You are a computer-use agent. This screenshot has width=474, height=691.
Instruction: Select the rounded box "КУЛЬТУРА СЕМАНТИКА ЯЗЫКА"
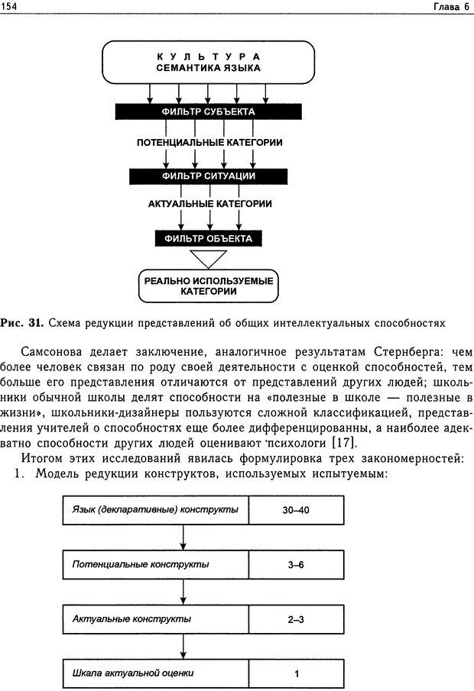(208, 62)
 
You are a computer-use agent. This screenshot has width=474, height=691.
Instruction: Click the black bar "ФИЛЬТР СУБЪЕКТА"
(208, 112)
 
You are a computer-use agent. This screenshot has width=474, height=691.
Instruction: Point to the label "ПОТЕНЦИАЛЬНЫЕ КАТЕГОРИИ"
(209, 143)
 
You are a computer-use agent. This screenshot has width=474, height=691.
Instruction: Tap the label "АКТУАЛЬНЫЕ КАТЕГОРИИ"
(209, 205)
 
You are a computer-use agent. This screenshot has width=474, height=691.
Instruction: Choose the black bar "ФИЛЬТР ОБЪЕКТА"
(209, 238)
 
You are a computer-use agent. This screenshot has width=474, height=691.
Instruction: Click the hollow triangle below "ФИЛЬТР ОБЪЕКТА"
(209, 258)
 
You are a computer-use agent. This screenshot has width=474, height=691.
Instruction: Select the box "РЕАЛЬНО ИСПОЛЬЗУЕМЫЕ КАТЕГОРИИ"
(209, 286)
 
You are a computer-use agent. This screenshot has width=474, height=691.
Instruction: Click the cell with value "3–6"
(295, 565)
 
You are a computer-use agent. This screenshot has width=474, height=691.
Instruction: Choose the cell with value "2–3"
(295, 619)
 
